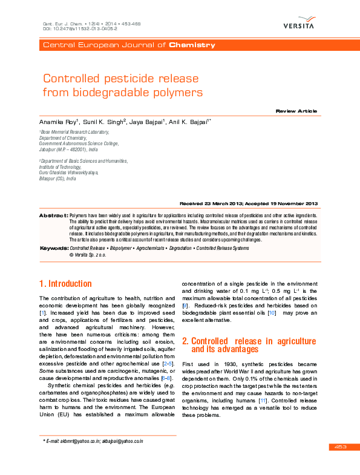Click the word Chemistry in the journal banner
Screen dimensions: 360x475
(x=192, y=45)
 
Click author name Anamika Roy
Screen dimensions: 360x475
(x=59, y=122)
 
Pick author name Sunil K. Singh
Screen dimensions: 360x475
(x=103, y=122)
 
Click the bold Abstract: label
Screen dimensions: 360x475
(x=53, y=215)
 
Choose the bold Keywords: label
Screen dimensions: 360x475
(x=54, y=249)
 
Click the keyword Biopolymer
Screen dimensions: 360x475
(x=121, y=249)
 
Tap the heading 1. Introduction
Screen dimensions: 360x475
(x=65, y=284)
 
